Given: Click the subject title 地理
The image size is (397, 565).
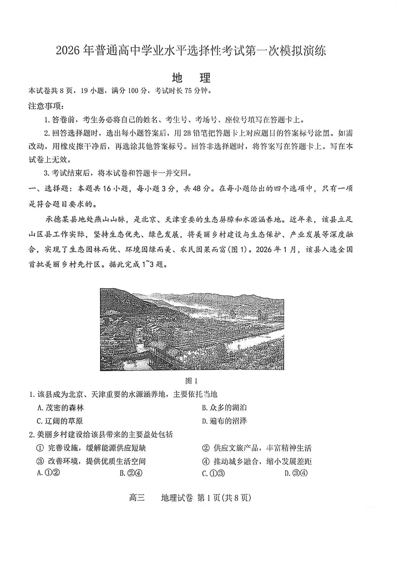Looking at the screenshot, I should point(191,78).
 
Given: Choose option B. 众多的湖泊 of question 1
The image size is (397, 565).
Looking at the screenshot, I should point(224,407).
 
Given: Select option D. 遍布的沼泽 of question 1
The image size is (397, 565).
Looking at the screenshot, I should point(224,421).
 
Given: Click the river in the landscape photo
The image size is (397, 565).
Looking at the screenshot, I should point(254,344).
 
